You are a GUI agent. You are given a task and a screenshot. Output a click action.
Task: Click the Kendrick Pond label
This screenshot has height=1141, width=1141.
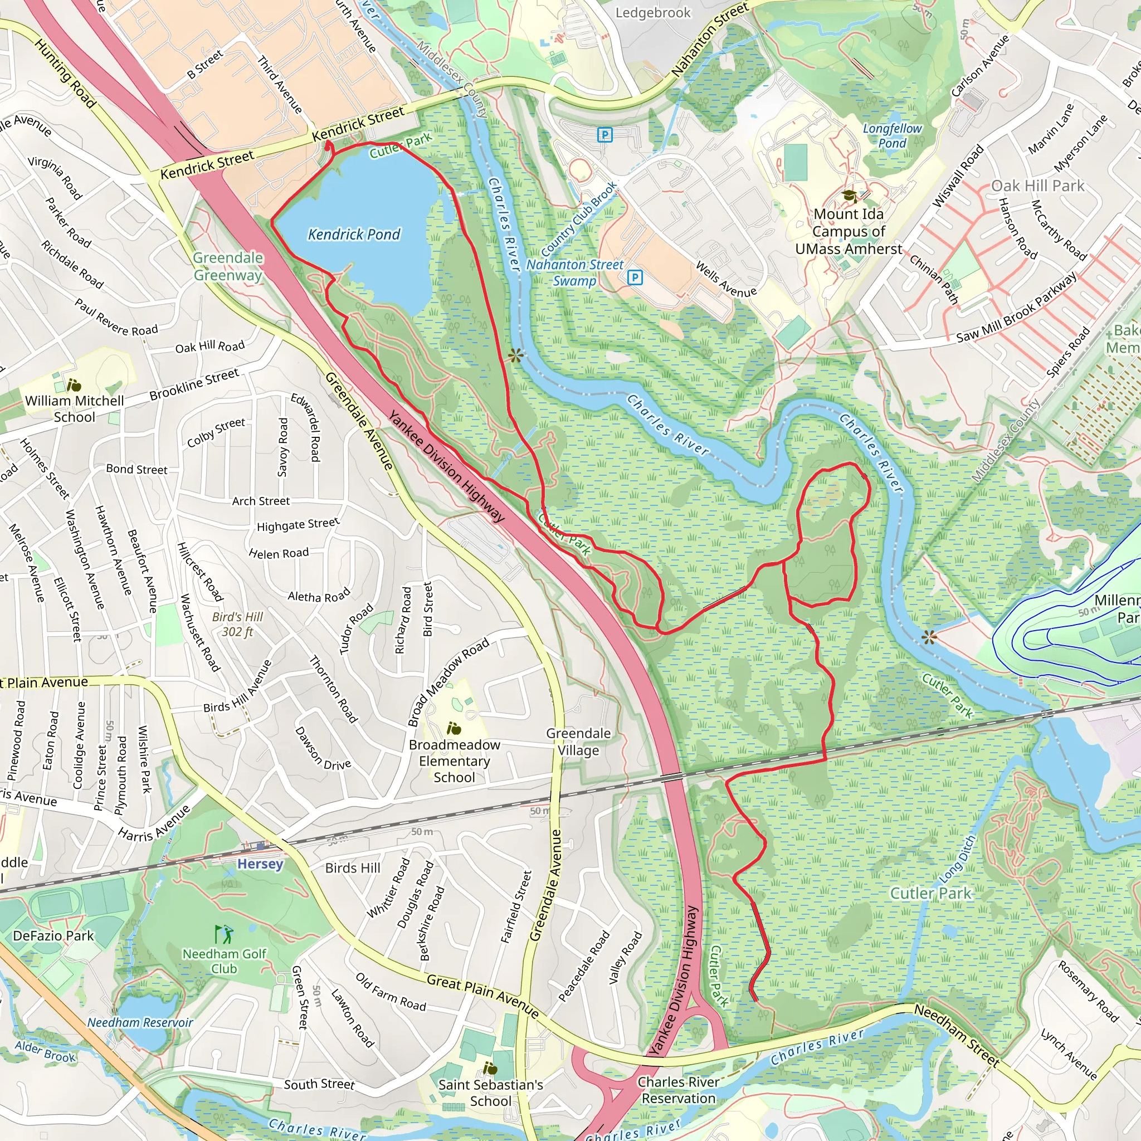[354, 235]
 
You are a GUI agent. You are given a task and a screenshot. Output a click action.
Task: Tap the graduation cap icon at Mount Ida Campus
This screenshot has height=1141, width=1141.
[849, 196]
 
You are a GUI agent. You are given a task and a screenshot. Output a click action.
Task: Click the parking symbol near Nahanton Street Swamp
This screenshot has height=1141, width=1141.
[635, 277]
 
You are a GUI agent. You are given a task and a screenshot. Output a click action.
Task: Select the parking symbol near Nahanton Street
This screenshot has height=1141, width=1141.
[604, 135]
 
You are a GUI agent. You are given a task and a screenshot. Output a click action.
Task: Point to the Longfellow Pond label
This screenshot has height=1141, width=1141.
[892, 136]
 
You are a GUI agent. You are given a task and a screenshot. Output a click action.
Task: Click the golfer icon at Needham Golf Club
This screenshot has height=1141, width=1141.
[224, 934]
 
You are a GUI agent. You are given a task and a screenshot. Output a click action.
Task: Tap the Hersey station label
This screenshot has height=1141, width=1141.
[260, 864]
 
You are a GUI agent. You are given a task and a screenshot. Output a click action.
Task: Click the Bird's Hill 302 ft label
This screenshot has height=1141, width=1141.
[237, 624]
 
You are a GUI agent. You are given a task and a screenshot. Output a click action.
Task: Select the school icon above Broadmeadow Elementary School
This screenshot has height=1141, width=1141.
[454, 728]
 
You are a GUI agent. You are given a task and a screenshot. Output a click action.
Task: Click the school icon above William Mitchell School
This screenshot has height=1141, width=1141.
[74, 386]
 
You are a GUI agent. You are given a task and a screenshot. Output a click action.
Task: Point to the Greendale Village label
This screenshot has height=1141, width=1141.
[578, 742]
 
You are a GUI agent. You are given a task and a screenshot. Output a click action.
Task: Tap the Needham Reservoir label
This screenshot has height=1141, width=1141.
[140, 1022]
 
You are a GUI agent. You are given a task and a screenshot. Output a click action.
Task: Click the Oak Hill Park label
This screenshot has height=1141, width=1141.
[1037, 186]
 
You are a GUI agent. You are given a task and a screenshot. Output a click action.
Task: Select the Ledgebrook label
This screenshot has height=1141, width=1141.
[652, 12]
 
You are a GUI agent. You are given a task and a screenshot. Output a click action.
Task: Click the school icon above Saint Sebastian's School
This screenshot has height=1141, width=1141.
[490, 1068]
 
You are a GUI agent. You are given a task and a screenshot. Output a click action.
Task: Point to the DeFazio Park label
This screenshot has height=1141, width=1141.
[53, 935]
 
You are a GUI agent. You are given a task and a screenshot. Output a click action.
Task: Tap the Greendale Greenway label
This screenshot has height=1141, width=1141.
[228, 266]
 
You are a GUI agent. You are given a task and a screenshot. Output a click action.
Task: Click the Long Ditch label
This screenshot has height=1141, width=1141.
[957, 856]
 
